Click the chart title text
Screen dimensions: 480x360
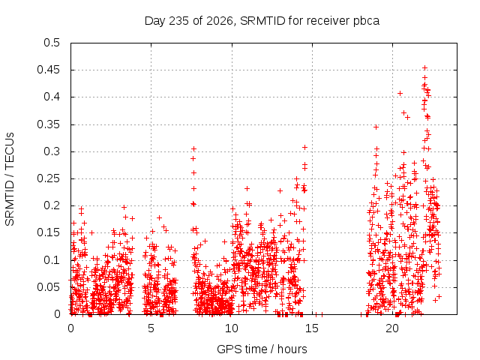coord(262,21)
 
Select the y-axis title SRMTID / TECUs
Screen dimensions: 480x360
coord(10,179)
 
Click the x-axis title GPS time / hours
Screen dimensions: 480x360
coord(262,349)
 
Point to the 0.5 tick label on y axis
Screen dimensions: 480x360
coord(52,43)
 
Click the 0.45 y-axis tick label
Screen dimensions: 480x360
coord(48,70)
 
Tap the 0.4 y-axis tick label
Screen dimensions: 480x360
coord(52,97)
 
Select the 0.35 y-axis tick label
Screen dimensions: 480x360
coord(48,124)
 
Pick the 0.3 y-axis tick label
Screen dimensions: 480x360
coord(52,151)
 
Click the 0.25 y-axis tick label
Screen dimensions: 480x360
coord(48,178)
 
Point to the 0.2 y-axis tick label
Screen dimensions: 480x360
coord(52,205)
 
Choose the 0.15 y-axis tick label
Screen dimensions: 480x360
coord(48,232)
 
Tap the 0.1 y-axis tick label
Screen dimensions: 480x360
coord(52,260)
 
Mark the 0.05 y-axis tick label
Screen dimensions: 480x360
coord(48,287)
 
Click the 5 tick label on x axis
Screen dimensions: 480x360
coord(151,328)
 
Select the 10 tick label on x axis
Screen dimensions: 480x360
coord(232,328)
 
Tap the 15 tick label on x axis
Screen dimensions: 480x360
coord(312,328)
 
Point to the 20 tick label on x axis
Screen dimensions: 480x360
coord(392,328)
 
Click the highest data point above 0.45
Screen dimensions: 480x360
coord(424,68)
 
